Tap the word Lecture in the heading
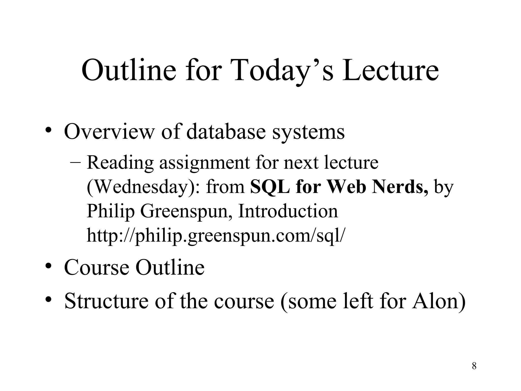[390, 70]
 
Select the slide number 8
[474, 366]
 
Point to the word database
[226, 131]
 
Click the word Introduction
[288, 211]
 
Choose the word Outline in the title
[129, 70]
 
